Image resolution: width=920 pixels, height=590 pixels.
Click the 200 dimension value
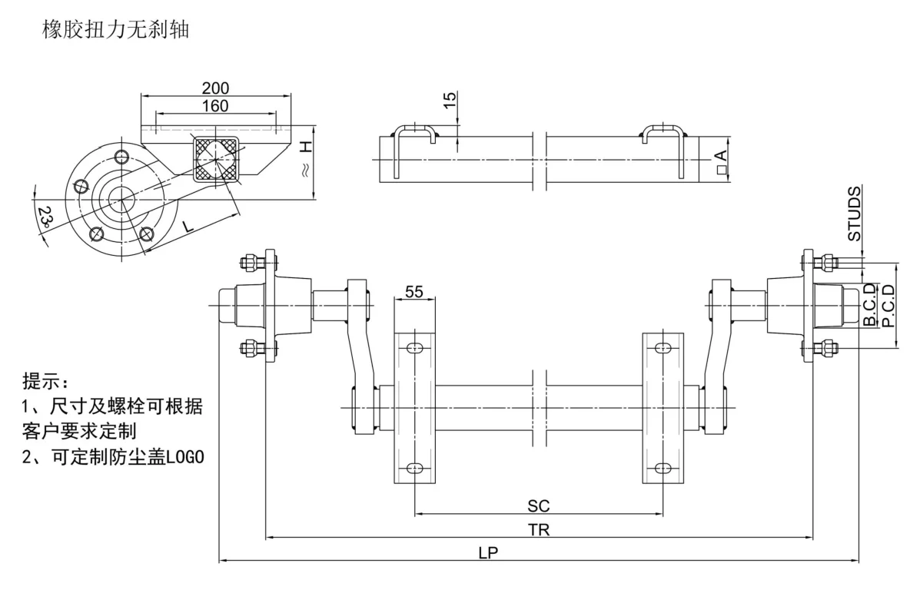pos(215,88)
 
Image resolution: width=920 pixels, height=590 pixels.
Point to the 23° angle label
pos(45,218)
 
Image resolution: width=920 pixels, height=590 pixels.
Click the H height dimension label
pos(305,147)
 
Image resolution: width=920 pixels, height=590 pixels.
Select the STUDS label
pos(855,215)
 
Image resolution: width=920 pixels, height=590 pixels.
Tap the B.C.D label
pos(869,305)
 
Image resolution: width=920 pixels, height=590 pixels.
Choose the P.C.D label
pos(888,306)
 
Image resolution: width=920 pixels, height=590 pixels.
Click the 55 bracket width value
pos(414,292)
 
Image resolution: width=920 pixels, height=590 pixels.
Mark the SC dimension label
pos(539,505)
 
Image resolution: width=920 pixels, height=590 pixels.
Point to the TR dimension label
pos(539,529)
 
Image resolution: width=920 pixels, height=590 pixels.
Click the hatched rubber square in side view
pos(218,158)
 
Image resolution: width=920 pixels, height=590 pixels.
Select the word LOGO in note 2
pos(186,456)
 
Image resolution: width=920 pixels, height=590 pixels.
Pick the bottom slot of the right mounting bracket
pos(663,467)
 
